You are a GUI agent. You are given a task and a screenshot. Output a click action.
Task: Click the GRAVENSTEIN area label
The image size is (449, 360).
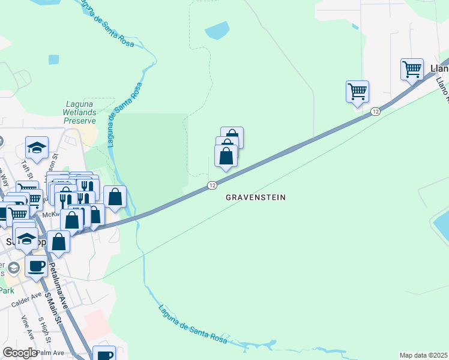click(255, 197)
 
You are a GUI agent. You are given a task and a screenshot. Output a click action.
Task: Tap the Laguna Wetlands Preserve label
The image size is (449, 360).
click(80, 112)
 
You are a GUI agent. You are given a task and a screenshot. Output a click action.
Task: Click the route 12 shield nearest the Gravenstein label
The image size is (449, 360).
click(212, 185)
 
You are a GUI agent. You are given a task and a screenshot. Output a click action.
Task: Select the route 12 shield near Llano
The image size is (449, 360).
click(375, 112)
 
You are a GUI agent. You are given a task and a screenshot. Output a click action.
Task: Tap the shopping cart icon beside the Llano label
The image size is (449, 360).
click(412, 69)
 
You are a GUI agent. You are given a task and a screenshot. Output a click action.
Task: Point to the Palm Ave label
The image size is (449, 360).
click(52, 352)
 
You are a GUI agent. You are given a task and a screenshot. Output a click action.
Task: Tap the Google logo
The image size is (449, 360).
click(20, 353)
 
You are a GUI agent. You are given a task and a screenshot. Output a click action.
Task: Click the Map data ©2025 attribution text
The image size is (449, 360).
click(423, 355)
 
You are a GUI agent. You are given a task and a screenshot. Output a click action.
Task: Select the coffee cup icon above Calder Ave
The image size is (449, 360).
click(36, 266)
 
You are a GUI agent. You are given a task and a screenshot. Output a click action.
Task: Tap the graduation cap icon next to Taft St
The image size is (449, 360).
click(37, 148)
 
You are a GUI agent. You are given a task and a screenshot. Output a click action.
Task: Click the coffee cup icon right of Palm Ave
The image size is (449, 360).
click(104, 355)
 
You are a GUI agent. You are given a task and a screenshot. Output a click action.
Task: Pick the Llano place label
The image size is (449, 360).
click(439, 68)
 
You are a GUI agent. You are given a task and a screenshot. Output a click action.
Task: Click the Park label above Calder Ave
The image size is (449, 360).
click(6, 290)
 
